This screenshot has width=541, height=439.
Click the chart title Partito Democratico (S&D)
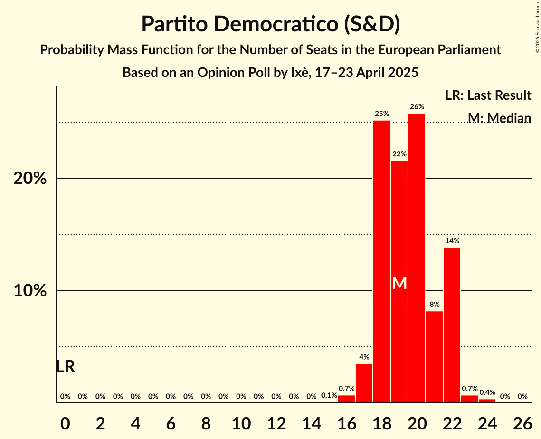coord(270,25)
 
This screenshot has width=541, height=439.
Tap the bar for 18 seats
coord(381,261)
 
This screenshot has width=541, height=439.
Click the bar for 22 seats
coord(452,325)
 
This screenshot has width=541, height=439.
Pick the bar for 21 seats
coord(434,357)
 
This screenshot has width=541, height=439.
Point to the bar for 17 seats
coord(364,383)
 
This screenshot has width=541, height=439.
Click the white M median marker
coord(399,284)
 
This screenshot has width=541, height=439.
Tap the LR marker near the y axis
coord(65,367)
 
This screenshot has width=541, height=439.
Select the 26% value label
coord(417,106)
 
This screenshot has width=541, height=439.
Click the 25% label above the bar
coord(382,114)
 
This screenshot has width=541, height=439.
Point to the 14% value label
coord(452,241)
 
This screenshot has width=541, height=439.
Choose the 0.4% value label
coord(487,392)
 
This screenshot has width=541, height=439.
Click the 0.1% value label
coord(329,395)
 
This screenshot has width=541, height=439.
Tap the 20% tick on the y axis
coord(30,179)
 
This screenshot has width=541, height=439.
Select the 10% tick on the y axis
coord(30,291)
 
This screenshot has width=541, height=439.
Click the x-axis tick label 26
coord(522,422)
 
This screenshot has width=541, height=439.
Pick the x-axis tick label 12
coord(276,422)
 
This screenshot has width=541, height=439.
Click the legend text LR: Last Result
coord(488,95)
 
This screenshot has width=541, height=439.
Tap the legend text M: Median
coord(499,117)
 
